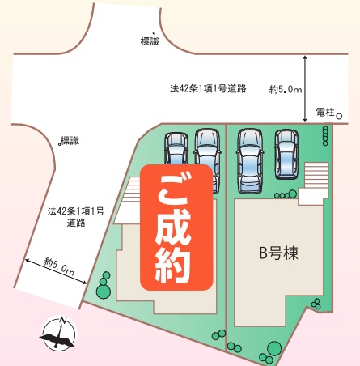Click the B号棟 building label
278,253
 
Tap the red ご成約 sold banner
176,228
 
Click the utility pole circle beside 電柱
340,117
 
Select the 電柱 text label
325,112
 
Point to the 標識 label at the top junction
150,41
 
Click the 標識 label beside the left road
70,141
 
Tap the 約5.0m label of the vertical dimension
286,89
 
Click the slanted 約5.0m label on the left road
59,266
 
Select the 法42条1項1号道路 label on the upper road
208,88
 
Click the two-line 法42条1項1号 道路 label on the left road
76,217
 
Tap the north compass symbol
59,334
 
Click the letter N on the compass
63,321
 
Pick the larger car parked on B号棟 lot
250,161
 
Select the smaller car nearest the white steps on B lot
286,155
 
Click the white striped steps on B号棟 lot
316,175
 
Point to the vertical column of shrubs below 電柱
325,136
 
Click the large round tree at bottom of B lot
274,348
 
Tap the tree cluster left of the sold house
104,286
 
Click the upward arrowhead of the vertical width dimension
305,58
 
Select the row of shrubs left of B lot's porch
286,194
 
